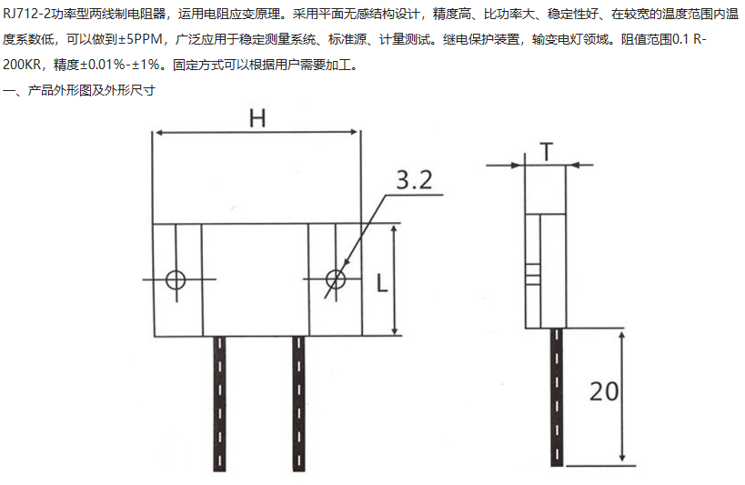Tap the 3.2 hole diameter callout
click(414, 180)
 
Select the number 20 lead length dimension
click(603, 392)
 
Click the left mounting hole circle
click(176, 279)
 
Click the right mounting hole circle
click(336, 279)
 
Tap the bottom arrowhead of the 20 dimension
click(622, 457)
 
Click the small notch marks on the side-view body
click(534, 271)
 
